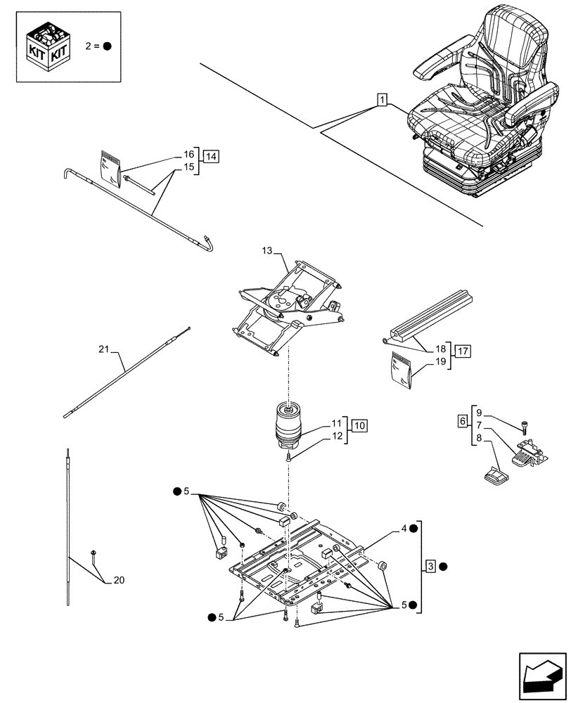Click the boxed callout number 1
coord(380,100)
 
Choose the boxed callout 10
coord(359,425)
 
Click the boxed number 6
coord(462,420)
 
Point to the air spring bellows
coord(290,426)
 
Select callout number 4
coord(404,528)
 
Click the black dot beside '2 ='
coord(107,47)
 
